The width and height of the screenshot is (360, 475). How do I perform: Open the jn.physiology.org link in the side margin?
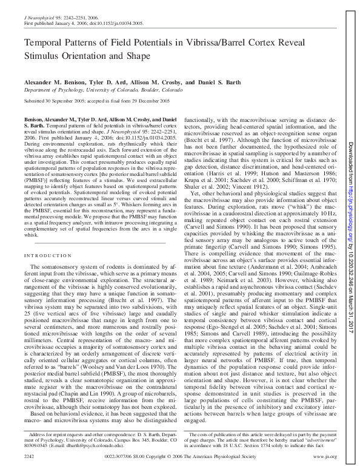point(351,182)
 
